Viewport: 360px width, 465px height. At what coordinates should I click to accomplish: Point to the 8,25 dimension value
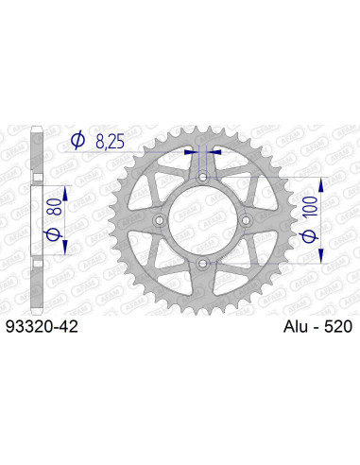(110, 141)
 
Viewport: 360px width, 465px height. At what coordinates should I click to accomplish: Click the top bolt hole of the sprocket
(201, 176)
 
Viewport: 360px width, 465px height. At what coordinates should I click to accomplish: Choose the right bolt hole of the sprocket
(245, 219)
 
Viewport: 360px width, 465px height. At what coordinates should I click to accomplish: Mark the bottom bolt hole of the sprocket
(201, 263)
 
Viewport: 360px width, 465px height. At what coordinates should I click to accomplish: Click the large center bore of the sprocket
(201, 219)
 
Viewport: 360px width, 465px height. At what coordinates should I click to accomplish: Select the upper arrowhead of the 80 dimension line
(66, 185)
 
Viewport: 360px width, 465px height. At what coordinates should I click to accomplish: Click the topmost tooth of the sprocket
(201, 122)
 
